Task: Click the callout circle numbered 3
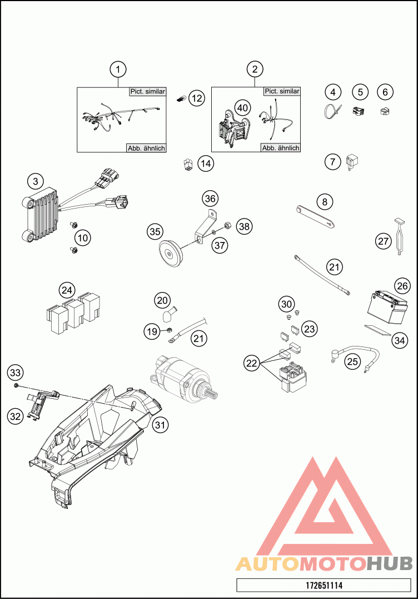pos(36,181)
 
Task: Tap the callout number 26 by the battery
pos(402,286)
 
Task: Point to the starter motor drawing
pos(184,378)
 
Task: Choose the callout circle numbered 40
pos(243,108)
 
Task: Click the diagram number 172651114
pos(324,585)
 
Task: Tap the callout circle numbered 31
pos(160,424)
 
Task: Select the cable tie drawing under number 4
pos(332,112)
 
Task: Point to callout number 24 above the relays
pos(67,290)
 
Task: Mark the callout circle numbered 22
pos(252,363)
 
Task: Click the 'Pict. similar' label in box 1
pos(148,92)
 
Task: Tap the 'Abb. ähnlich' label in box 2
pos(281,148)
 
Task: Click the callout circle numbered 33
pos(15,373)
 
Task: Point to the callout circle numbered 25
pos(352,360)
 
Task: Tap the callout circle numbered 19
pos(152,331)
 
